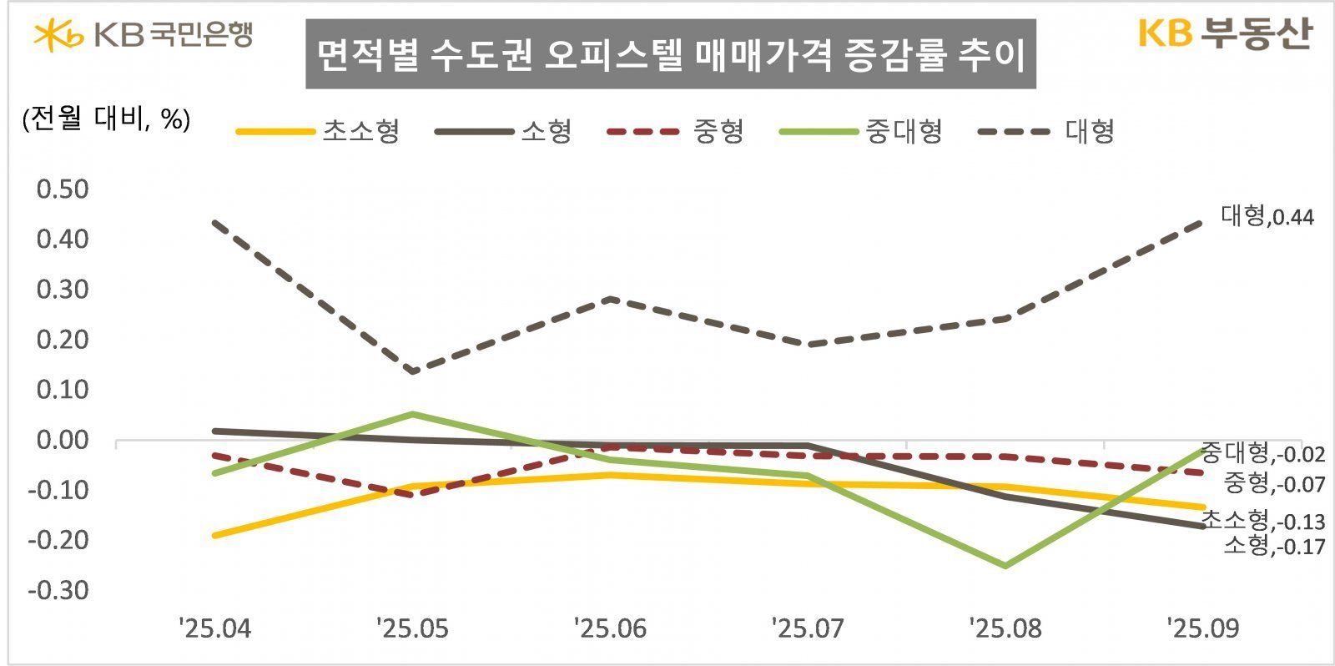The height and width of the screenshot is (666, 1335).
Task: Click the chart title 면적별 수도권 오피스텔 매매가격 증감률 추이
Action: [670, 54]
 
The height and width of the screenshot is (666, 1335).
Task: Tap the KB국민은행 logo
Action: [143, 35]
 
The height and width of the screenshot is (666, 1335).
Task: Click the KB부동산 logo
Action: [1224, 33]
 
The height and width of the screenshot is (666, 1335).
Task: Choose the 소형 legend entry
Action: [504, 131]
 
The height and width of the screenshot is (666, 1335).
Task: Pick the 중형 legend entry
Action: [676, 131]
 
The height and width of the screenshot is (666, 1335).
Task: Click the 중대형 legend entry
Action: [861, 131]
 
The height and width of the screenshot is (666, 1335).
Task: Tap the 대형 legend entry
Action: [1046, 131]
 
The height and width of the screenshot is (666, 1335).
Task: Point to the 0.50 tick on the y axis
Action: [63, 189]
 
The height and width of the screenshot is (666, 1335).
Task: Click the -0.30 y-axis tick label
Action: [58, 590]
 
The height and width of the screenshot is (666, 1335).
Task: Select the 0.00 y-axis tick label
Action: [63, 440]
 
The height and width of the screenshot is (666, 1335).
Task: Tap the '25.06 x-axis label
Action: [610, 628]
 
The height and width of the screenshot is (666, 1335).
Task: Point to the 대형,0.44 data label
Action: [1267, 216]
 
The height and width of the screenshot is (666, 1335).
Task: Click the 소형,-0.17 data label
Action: [1273, 546]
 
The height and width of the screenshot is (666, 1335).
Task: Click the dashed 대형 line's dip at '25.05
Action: [413, 371]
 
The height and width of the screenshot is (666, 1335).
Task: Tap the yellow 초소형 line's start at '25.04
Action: [215, 535]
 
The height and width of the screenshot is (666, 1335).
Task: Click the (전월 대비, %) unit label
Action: [106, 119]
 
